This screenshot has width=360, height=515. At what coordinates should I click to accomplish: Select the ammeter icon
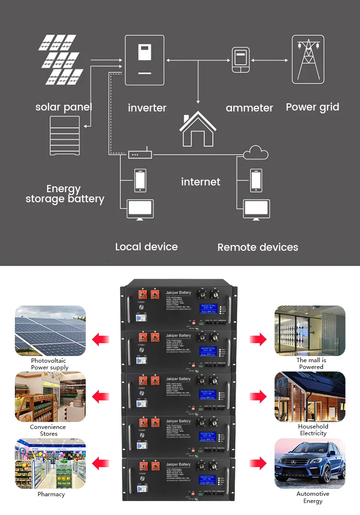(240, 60)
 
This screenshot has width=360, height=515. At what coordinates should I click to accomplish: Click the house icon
(198, 128)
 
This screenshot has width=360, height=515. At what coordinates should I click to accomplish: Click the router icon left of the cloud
(140, 155)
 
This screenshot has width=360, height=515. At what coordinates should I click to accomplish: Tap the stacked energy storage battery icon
(66, 136)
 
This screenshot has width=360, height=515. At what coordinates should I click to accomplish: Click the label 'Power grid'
(312, 107)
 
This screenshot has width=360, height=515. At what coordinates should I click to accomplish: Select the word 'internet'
(201, 182)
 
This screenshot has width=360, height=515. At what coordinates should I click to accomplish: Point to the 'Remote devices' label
(258, 247)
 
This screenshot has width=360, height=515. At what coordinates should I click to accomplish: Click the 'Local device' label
(146, 247)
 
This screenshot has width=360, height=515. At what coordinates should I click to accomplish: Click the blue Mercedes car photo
(310, 463)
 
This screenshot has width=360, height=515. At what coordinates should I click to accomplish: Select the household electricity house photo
(310, 396)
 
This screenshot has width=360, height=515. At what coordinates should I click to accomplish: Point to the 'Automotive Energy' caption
(312, 497)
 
